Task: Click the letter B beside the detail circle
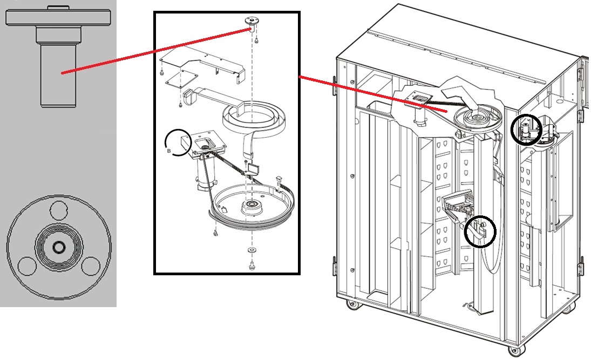pos(169,152)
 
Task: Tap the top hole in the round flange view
pos(57,208)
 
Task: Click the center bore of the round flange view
pos(58,247)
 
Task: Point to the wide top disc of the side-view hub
pos(60,17)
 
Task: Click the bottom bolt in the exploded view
pos(252,266)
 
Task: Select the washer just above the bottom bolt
pos(252,251)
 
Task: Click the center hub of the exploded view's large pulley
pos(251,206)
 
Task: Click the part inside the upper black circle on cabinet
pos(525,130)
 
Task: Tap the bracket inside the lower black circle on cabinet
pos(480,232)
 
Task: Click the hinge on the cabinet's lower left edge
pos(335,267)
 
